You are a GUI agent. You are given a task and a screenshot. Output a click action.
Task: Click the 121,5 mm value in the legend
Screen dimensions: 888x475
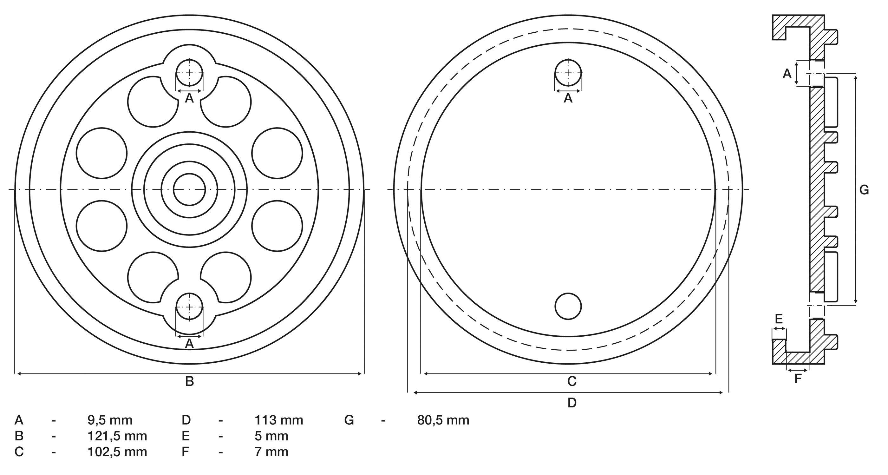117,436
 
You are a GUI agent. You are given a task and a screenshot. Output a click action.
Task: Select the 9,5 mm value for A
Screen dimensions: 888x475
110,420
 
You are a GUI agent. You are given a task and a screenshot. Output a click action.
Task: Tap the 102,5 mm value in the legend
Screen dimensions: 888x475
117,452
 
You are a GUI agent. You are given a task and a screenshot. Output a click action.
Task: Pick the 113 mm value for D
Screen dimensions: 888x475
279,420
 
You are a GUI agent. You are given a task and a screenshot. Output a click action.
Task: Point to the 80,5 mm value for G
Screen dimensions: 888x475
443,420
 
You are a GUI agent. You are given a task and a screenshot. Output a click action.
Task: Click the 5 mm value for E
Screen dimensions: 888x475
271,436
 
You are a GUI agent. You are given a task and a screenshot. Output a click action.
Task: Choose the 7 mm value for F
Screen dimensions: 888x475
271,452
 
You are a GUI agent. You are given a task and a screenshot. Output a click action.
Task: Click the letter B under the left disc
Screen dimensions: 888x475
190,381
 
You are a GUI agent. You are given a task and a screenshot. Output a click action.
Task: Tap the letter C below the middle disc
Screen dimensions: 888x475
572,381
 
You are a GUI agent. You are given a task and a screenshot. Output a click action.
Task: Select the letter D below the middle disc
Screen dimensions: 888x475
572,403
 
